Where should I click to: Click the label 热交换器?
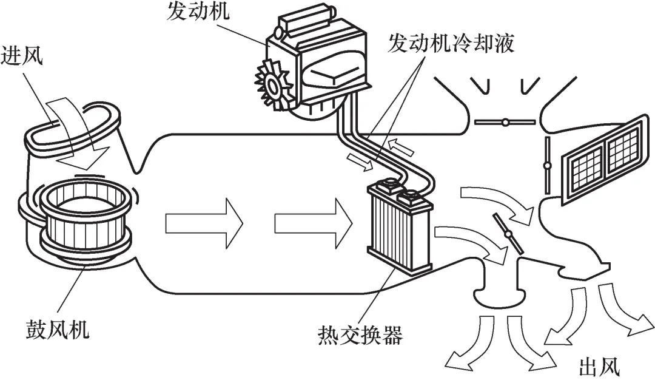pos(360,334)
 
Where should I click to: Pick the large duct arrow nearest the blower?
pos(203,223)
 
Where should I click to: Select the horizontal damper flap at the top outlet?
pos(505,122)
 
